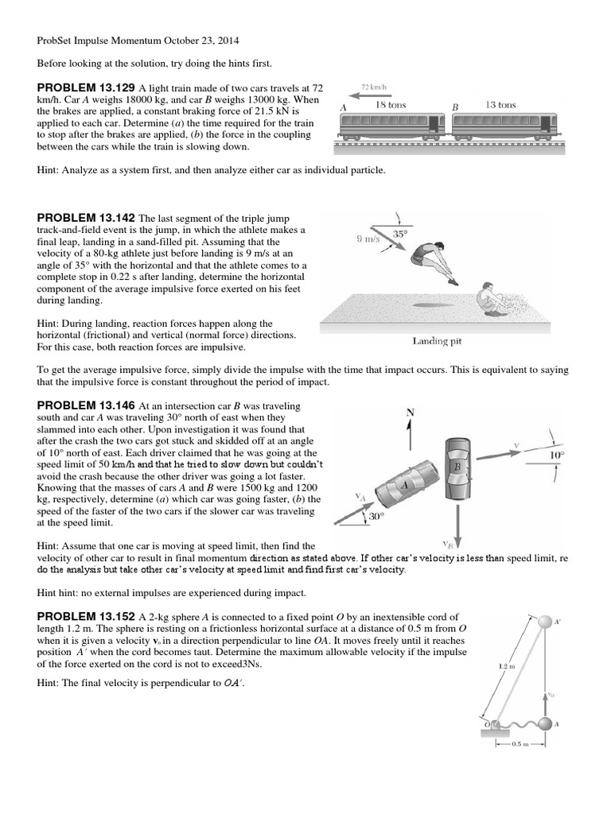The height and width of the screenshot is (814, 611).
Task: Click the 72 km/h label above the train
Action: (x=375, y=85)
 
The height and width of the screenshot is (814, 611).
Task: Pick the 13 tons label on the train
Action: (x=500, y=105)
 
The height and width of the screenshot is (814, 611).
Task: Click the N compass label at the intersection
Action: (x=411, y=413)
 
